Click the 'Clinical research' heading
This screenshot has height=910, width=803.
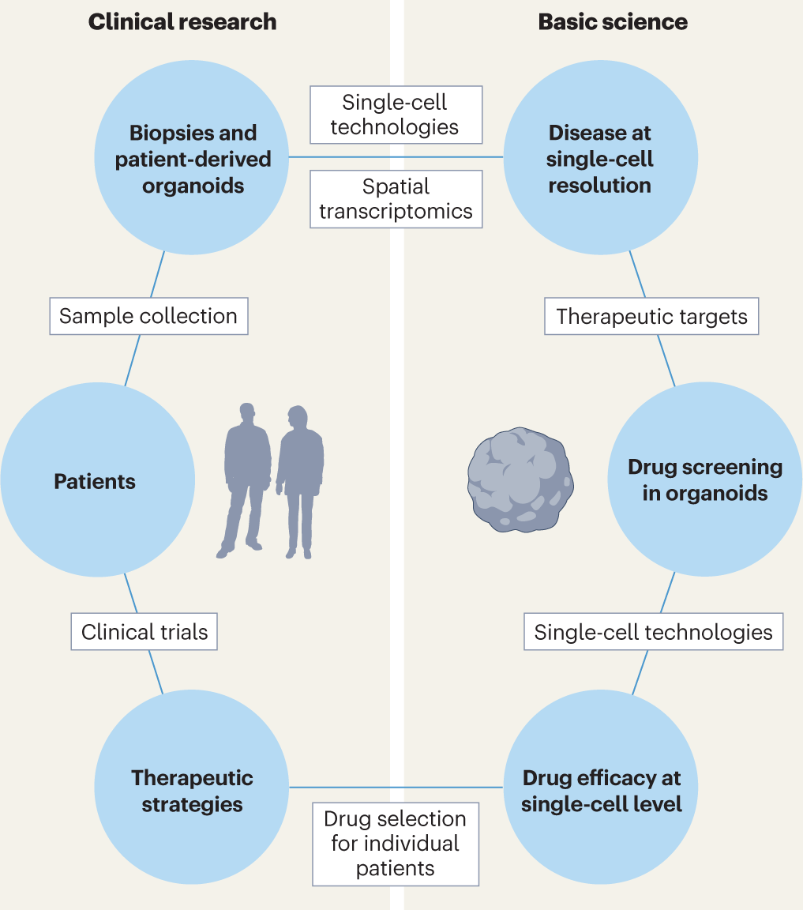pos(182,21)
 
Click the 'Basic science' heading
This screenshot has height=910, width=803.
pos(613,21)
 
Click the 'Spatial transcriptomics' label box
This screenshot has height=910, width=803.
pos(396,199)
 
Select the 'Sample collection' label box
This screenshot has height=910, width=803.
pos(148,316)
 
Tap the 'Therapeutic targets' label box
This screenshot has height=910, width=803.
pos(651,317)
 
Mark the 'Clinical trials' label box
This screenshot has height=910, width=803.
pos(144,632)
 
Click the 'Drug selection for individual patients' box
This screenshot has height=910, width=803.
pos(396,844)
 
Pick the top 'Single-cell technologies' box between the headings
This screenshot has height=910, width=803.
pos(396,115)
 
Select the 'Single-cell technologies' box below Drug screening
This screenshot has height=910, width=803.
pos(653,632)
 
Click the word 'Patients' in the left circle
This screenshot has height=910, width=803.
pos(95,481)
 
